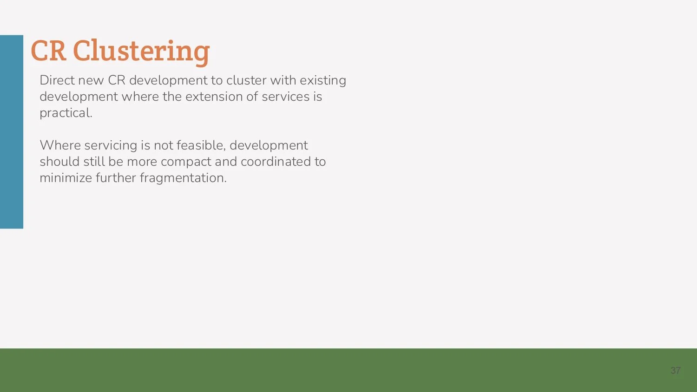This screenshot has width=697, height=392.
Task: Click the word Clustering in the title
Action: (x=141, y=51)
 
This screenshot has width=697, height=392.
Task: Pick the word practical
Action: (x=66, y=113)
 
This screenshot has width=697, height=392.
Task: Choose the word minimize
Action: (x=66, y=178)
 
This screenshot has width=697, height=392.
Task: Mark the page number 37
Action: (x=675, y=371)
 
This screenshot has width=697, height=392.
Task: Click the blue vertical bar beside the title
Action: (x=12, y=131)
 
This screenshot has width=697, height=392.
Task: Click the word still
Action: (x=94, y=162)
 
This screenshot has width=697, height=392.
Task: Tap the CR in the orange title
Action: (x=48, y=51)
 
